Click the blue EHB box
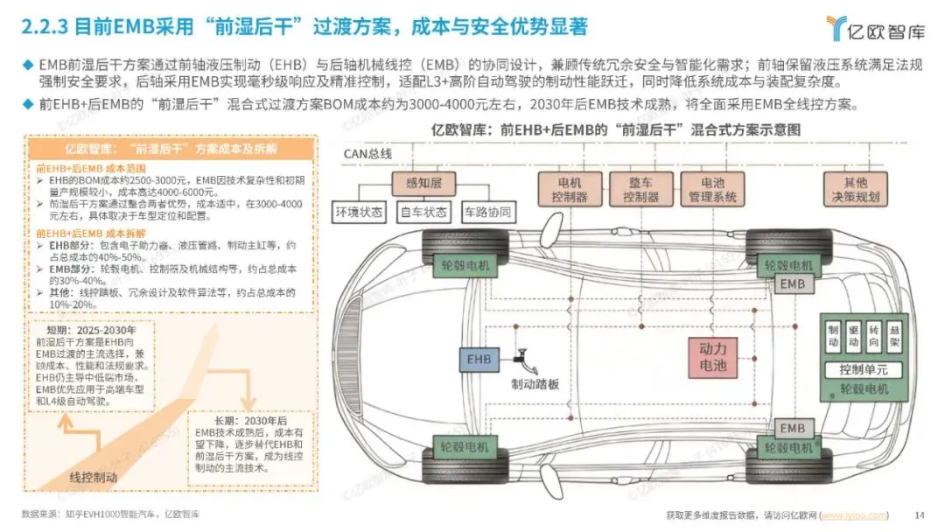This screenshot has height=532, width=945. (x=479, y=359)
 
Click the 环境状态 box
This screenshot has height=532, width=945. (x=360, y=212)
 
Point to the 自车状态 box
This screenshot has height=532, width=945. (x=424, y=212)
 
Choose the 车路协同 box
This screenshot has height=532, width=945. (x=487, y=212)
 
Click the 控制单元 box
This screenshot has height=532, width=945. (x=863, y=369)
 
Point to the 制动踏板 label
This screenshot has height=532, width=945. (x=535, y=383)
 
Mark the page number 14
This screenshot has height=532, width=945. (x=919, y=514)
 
